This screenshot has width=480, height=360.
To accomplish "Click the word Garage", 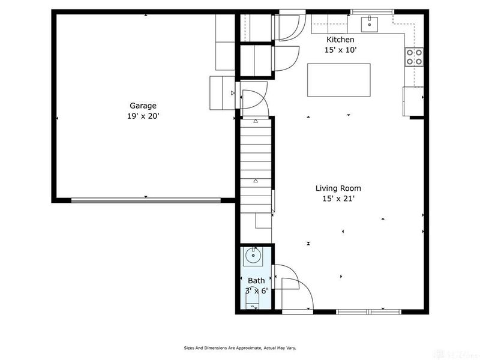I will [142, 106].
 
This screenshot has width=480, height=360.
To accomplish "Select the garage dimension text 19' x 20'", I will [142, 116].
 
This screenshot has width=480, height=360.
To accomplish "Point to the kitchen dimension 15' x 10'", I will [340, 50].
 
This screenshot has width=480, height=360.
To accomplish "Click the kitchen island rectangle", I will [338, 79].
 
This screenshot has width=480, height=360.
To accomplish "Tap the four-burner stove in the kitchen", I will [413, 57].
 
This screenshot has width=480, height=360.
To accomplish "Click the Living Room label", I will [338, 188].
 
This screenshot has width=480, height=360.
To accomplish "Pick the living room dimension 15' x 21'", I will [338, 199].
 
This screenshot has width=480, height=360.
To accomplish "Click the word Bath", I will [256, 281].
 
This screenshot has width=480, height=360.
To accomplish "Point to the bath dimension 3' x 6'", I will [256, 291].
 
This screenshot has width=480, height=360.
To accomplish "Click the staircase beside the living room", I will [255, 162].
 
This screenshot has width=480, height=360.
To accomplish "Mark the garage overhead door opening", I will [146, 200].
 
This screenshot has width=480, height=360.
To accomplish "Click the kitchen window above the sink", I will [372, 11].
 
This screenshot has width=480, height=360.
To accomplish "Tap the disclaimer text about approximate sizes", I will [239, 347].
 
